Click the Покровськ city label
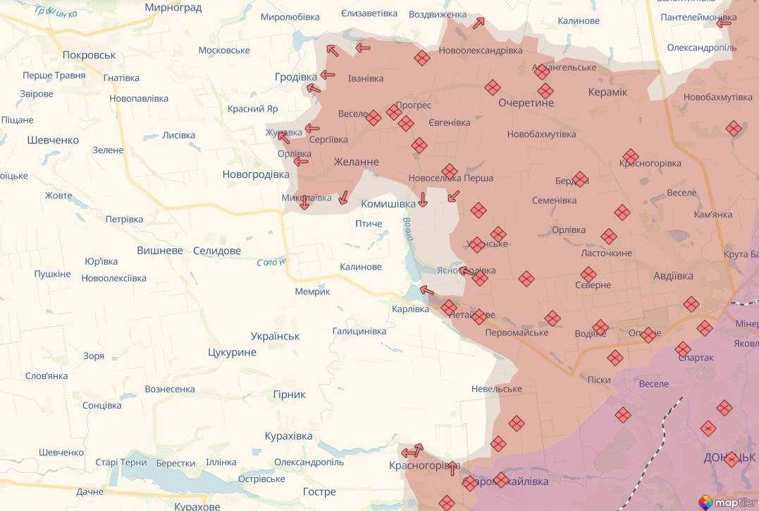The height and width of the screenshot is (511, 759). tap(89, 55)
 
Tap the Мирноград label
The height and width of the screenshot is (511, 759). tap(173, 8)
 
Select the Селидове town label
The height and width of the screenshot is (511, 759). tap(216, 251)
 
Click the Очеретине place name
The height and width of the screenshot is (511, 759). tap(526, 103)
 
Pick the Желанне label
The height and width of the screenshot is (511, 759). tap(356, 162)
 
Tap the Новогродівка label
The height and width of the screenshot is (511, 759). tap(256, 174)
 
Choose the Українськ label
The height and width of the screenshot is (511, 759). tap(275, 336)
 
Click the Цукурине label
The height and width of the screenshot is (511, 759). tap(232, 352)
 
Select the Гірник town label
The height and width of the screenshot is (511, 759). tap(289, 395)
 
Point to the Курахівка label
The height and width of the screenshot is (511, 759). tap(288, 436)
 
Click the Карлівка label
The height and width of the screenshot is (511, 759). tap(410, 309)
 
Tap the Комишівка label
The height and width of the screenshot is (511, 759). tap(388, 204)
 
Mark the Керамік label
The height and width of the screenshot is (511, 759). tap(607, 92)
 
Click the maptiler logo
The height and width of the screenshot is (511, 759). tap(726, 502)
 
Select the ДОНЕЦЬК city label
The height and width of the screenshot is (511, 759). tap(730, 458)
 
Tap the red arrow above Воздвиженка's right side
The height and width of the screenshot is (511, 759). tap(479, 23)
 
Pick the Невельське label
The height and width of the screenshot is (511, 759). tap(497, 389)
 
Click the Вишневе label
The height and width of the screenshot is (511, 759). tap(160, 251)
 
